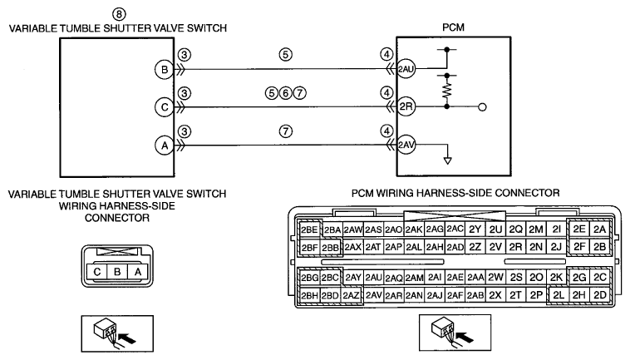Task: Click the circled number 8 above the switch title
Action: (119, 14)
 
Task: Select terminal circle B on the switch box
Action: (165, 70)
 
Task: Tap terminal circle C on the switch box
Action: (165, 107)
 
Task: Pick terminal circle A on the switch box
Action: (165, 145)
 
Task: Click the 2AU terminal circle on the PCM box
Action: (406, 69)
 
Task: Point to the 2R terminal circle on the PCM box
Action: (406, 107)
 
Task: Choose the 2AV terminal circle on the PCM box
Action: (406, 145)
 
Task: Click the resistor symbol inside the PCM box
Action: (447, 91)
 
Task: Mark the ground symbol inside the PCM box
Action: (447, 160)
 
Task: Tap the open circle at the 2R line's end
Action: (483, 107)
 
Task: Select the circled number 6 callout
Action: (285, 93)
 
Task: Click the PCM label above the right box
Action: (453, 27)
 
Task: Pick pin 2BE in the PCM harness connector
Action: (309, 229)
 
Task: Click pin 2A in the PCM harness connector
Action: (599, 229)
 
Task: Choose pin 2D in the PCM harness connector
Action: (600, 295)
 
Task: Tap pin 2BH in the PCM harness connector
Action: (310, 296)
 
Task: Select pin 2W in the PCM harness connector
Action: (495, 277)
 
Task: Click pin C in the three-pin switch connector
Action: (97, 272)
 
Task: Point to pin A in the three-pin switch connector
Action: (138, 272)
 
